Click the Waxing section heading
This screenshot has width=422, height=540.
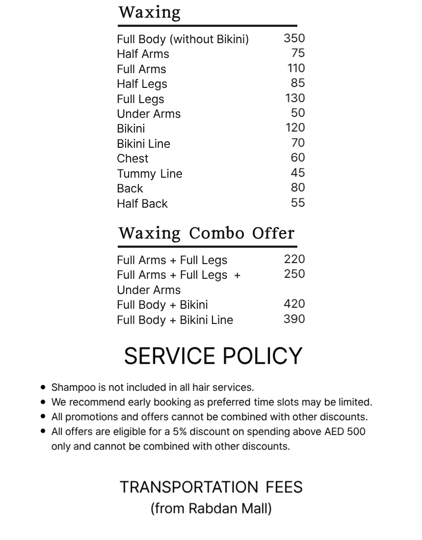tap(150, 12)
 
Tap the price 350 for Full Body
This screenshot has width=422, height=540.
tap(294, 38)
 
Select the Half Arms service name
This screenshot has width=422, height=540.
tap(143, 54)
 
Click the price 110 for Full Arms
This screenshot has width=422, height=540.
tap(296, 68)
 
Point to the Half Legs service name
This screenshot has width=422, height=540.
tap(142, 84)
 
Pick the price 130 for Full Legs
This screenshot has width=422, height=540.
tap(295, 98)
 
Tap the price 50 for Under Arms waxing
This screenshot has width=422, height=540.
tap(298, 113)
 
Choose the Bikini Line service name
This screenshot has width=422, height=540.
tap(143, 144)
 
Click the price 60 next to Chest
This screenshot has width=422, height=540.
tap(298, 158)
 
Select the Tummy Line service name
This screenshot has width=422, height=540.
tap(149, 174)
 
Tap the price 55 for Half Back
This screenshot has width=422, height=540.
tap(298, 203)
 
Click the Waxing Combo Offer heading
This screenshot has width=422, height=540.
tap(206, 233)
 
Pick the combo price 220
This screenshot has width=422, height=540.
tap(294, 259)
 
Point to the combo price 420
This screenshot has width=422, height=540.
tap(294, 304)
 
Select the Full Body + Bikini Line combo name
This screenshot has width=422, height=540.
tap(175, 320)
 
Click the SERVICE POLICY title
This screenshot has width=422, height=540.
tap(213, 356)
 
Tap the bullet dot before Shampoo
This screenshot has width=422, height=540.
tap(44, 387)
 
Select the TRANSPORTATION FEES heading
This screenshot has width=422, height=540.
tap(211, 487)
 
